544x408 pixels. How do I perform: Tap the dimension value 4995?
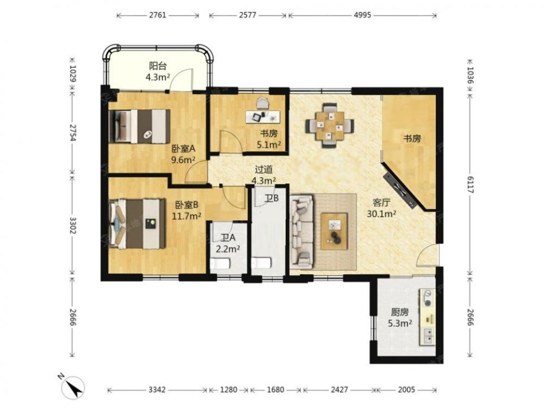362,15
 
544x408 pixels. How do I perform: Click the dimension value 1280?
228,390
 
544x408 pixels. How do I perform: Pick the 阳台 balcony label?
158,66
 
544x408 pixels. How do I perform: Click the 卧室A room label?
184,149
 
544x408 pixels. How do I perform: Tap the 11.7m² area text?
187,216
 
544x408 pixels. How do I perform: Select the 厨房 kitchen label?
400,312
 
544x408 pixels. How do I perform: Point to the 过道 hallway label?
264,170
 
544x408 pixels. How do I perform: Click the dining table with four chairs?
330,125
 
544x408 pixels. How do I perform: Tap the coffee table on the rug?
335,231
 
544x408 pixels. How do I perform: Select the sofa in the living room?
302,232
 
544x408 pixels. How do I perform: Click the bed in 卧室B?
138,224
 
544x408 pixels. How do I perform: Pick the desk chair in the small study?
263,103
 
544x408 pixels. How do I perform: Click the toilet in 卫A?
220,264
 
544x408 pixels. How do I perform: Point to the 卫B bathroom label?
271,199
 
